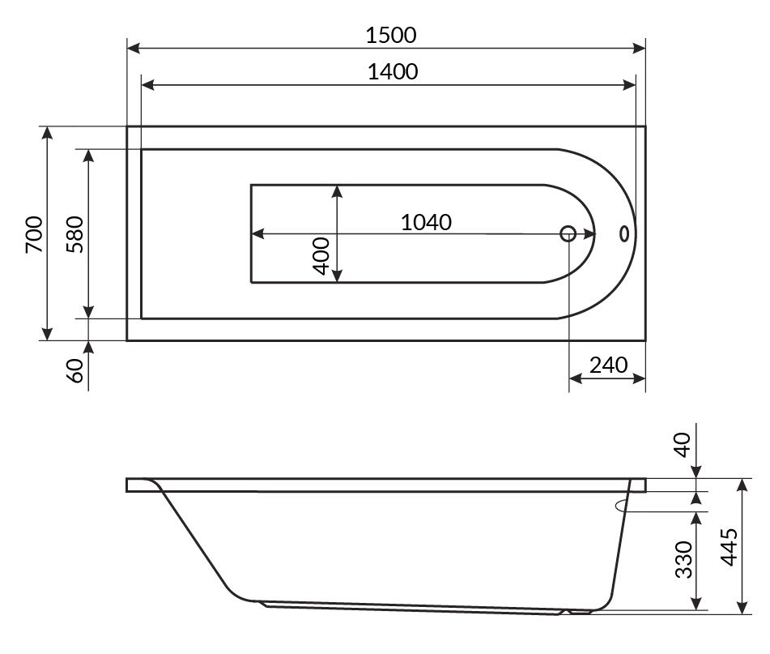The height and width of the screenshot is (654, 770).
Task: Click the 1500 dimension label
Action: [391, 35]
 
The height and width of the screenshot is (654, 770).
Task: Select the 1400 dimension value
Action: [393, 72]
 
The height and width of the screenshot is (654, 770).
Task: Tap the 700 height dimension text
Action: [34, 234]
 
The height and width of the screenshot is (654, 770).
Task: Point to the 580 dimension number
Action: [75, 234]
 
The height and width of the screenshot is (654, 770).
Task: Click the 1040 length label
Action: [426, 222]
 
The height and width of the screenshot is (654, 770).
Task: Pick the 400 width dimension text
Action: [321, 255]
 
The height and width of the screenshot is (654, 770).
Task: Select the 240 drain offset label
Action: [608, 365]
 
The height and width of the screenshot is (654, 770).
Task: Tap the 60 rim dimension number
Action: [75, 370]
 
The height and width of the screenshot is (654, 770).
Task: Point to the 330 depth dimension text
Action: [683, 560]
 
